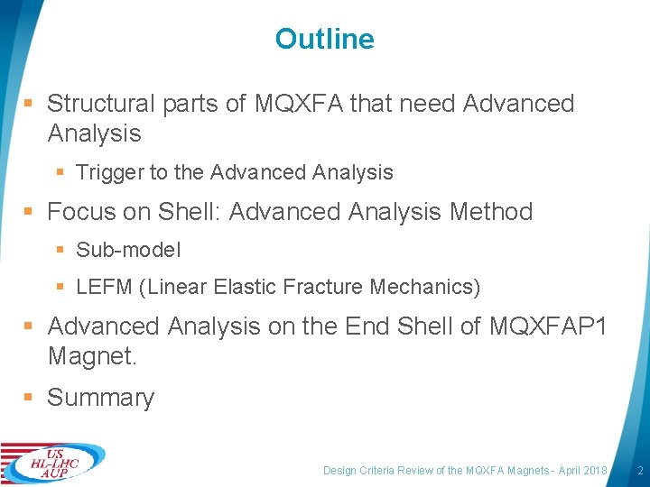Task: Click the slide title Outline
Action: click(x=324, y=39)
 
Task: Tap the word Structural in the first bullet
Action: click(x=101, y=104)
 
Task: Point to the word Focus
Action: click(x=79, y=212)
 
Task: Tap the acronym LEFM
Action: click(x=104, y=288)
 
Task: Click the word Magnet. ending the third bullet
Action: click(x=92, y=355)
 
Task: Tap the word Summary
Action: click(x=100, y=398)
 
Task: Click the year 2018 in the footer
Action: click(x=596, y=471)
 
